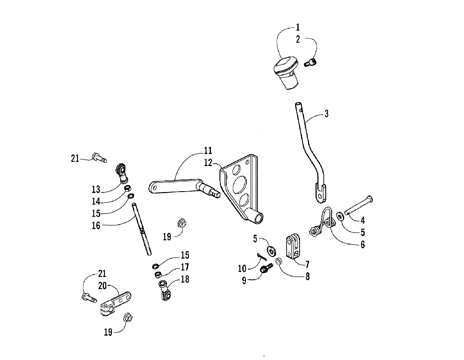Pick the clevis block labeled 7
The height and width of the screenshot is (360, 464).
point(291,247)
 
